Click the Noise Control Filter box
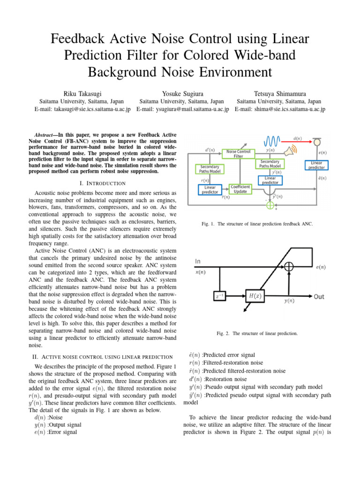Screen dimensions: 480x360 (238, 154)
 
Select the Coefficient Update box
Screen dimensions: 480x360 (240, 189)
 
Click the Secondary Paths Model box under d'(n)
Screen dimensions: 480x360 (209, 169)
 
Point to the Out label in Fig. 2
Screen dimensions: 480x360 (319, 297)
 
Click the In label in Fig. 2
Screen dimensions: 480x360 (199, 261)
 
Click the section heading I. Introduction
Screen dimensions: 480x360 (106, 182)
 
